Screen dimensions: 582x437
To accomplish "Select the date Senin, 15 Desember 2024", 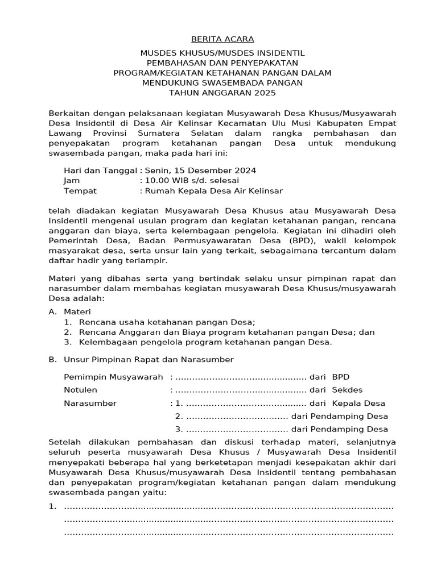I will pos(200,171).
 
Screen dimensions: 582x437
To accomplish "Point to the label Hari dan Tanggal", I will pos(100,171).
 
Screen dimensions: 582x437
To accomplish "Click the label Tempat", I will pos(80,191).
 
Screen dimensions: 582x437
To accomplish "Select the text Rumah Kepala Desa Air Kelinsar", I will pos(213,191).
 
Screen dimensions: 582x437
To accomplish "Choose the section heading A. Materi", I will pos(70,312).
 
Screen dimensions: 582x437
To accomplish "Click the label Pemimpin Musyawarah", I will pos(114,377).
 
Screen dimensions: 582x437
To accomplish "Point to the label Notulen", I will pos(80,390).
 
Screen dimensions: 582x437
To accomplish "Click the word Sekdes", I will pos(347,390).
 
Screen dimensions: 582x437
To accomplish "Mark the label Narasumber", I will pos(90,404).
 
